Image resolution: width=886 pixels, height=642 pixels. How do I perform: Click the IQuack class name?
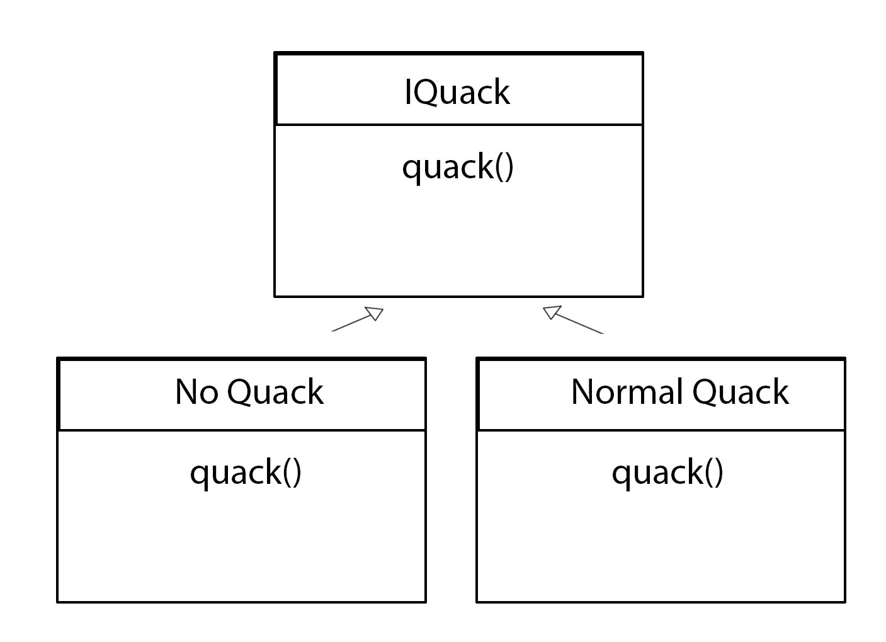(x=457, y=92)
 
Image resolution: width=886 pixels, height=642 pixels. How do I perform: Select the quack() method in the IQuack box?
(x=458, y=168)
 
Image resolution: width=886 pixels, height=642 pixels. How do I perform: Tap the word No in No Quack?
(x=196, y=392)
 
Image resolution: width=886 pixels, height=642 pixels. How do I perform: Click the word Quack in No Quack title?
(x=276, y=392)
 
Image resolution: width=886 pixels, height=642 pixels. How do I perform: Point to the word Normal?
(x=627, y=392)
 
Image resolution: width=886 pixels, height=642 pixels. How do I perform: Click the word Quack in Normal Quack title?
(x=741, y=392)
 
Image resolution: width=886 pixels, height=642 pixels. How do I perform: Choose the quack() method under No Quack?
(x=246, y=473)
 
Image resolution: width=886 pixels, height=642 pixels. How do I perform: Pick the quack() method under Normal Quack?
(x=667, y=473)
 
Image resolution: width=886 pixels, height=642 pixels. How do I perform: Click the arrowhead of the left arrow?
(x=375, y=313)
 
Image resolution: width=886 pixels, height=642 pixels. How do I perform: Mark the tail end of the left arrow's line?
(x=332, y=331)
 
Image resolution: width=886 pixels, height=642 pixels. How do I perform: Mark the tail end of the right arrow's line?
(x=602, y=333)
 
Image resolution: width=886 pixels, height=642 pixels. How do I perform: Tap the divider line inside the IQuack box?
(x=458, y=125)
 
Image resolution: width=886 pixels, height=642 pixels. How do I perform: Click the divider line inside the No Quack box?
(x=242, y=430)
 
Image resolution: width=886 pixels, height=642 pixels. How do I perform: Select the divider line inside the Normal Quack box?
(x=661, y=430)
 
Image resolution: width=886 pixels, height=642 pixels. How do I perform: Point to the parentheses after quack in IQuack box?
(x=504, y=168)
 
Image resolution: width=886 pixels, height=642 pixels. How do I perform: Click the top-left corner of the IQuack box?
(x=276, y=54)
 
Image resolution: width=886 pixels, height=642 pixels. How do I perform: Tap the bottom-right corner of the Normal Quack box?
(x=844, y=602)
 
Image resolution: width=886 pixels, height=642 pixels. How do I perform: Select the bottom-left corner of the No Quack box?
(x=58, y=602)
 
